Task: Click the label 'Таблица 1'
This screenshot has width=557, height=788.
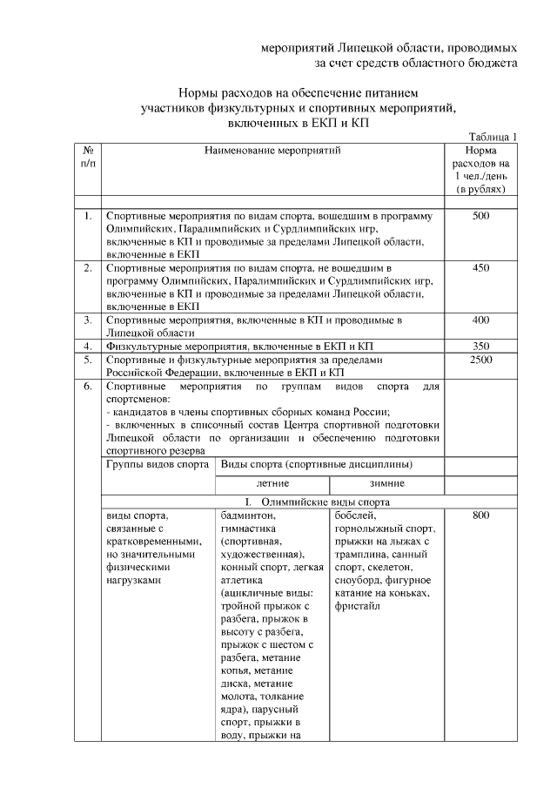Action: pyautogui.click(x=493, y=137)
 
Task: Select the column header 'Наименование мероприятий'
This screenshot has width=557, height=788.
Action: pyautogui.click(x=272, y=151)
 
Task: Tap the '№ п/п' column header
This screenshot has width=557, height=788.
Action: pyautogui.click(x=88, y=157)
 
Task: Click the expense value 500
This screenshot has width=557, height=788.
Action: pyautogui.click(x=481, y=215)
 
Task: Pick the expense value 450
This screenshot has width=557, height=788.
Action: pyautogui.click(x=481, y=268)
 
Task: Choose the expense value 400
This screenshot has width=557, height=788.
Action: pyautogui.click(x=481, y=320)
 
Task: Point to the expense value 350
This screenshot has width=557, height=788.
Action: pyautogui.click(x=481, y=346)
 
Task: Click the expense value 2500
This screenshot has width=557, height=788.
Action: pyautogui.click(x=481, y=359)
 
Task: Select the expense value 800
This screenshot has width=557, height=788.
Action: pyautogui.click(x=481, y=515)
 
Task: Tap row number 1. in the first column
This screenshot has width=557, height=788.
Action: pyautogui.click(x=88, y=215)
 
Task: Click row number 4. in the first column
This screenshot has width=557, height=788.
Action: pyautogui.click(x=88, y=346)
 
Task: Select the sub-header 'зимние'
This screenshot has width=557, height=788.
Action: pyautogui.click(x=386, y=482)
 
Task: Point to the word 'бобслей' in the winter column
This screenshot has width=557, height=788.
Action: pyautogui.click(x=354, y=515)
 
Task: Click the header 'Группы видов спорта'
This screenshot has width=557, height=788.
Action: pyautogui.click(x=157, y=465)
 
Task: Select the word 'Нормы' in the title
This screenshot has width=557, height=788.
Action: pyautogui.click(x=198, y=91)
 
